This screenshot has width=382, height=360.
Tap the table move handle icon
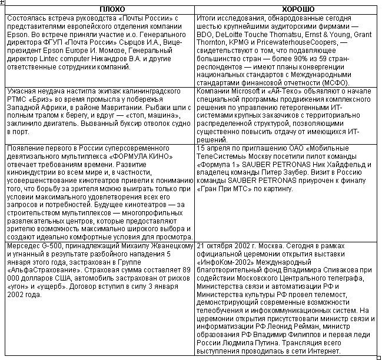3,3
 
